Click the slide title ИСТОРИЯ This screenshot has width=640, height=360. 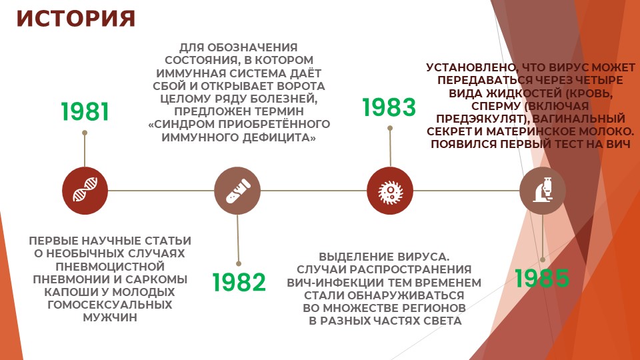pos(76,19)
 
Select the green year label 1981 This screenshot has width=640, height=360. pos(85,112)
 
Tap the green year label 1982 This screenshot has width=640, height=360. pos(239,282)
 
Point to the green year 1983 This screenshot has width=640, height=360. pos(389,107)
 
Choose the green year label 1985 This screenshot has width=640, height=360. pos(542,279)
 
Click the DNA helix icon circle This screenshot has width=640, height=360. pos(85,191)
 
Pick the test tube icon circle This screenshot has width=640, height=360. pos(237,191)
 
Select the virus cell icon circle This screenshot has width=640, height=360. pos(390,191)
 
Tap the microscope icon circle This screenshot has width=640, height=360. pos(543,191)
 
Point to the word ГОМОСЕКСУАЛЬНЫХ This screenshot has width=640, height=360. pos(110,305)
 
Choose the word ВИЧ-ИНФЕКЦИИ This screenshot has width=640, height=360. pos(335,283)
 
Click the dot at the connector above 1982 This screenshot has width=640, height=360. pos(239,264)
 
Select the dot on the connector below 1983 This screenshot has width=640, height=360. pos(390,128)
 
